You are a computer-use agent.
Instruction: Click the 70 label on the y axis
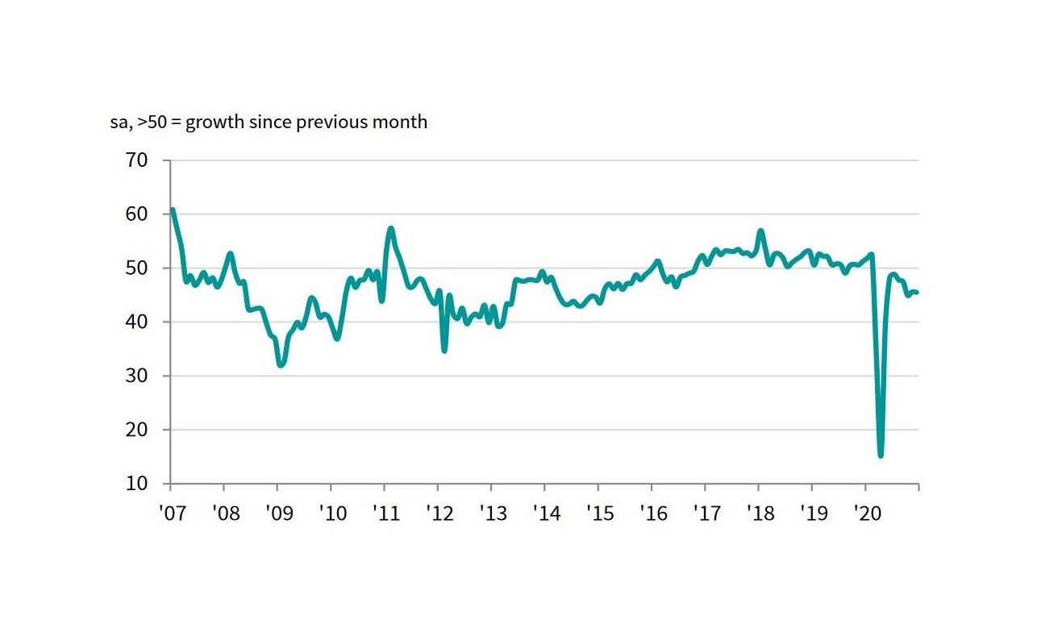click(x=136, y=160)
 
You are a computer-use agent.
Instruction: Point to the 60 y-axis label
click(x=136, y=214)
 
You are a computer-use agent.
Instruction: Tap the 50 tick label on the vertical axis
click(x=136, y=268)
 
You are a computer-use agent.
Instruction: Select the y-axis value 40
click(x=136, y=322)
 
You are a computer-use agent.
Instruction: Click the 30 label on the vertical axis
click(x=136, y=376)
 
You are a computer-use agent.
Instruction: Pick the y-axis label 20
click(x=136, y=430)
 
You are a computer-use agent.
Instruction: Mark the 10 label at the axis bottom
click(x=136, y=484)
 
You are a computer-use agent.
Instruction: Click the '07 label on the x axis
click(x=173, y=513)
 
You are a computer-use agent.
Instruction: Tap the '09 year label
click(x=280, y=513)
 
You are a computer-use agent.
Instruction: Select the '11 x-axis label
click(x=386, y=513)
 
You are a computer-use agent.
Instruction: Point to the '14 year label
click(x=547, y=513)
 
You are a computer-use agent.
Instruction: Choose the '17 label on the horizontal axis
click(x=707, y=513)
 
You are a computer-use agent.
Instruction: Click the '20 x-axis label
click(x=868, y=513)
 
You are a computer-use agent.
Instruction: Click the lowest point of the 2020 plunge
click(x=881, y=455)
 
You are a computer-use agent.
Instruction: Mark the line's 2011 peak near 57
click(x=390, y=229)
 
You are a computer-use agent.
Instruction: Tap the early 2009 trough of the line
click(x=281, y=365)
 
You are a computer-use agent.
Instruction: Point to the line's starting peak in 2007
click(x=173, y=210)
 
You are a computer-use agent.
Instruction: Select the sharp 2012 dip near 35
click(x=444, y=351)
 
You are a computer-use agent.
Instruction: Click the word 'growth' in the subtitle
click(x=215, y=123)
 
